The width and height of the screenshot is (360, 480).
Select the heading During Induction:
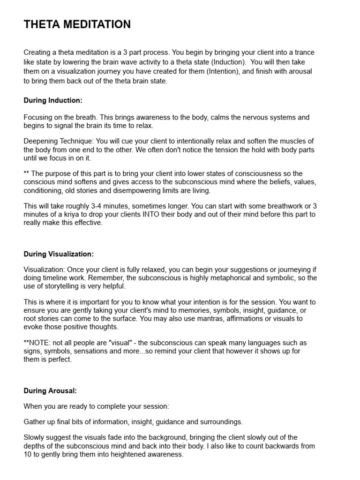click(x=53, y=100)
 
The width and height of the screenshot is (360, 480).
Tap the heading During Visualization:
click(x=59, y=254)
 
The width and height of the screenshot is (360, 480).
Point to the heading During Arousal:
click(x=50, y=390)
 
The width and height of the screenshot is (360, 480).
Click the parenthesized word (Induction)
click(x=228, y=62)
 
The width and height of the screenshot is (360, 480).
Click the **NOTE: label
click(x=37, y=343)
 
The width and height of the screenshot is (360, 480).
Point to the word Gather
click(x=35, y=422)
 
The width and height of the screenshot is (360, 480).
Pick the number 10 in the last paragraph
click(x=28, y=454)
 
